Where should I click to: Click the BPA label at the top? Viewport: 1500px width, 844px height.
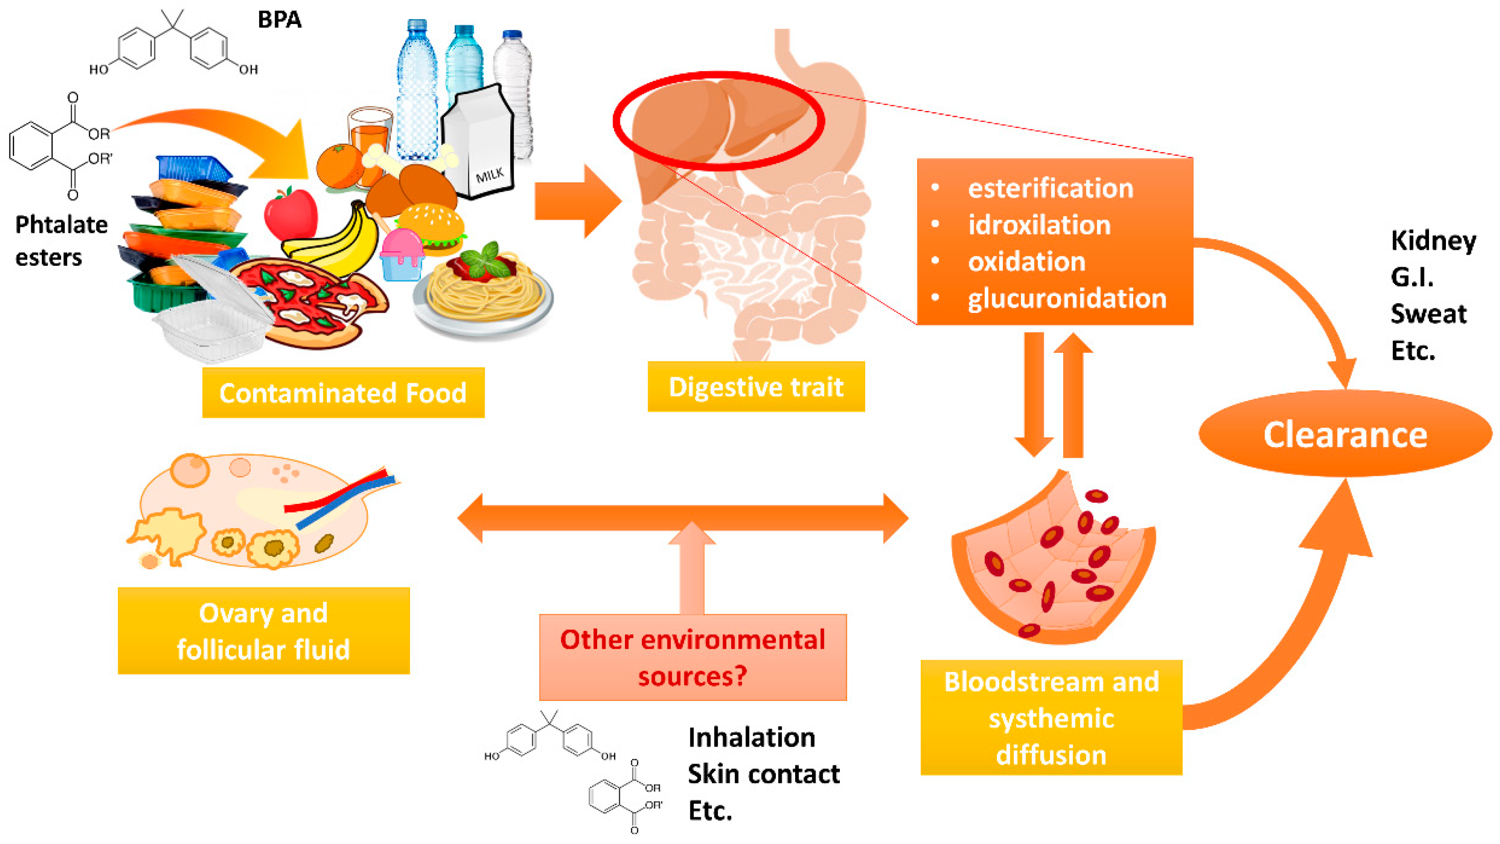click(x=279, y=20)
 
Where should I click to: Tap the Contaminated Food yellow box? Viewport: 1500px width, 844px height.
click(x=343, y=392)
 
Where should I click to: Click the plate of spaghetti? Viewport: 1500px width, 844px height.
click(x=483, y=291)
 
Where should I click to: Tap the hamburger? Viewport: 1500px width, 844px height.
click(x=431, y=227)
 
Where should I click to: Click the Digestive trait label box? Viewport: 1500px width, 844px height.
click(x=756, y=387)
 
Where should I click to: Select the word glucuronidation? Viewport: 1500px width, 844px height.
click(x=1067, y=298)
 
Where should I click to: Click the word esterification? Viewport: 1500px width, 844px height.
click(x=1050, y=188)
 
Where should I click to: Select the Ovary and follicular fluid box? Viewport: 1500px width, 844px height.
click(x=263, y=631)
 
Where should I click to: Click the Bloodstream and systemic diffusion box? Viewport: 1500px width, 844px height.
click(x=1051, y=717)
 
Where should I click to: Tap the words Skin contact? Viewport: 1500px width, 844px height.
click(x=763, y=774)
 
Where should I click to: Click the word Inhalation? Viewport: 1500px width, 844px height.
click(x=751, y=737)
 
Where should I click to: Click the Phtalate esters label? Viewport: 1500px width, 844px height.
click(x=61, y=240)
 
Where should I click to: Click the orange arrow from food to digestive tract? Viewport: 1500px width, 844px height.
click(x=576, y=201)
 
